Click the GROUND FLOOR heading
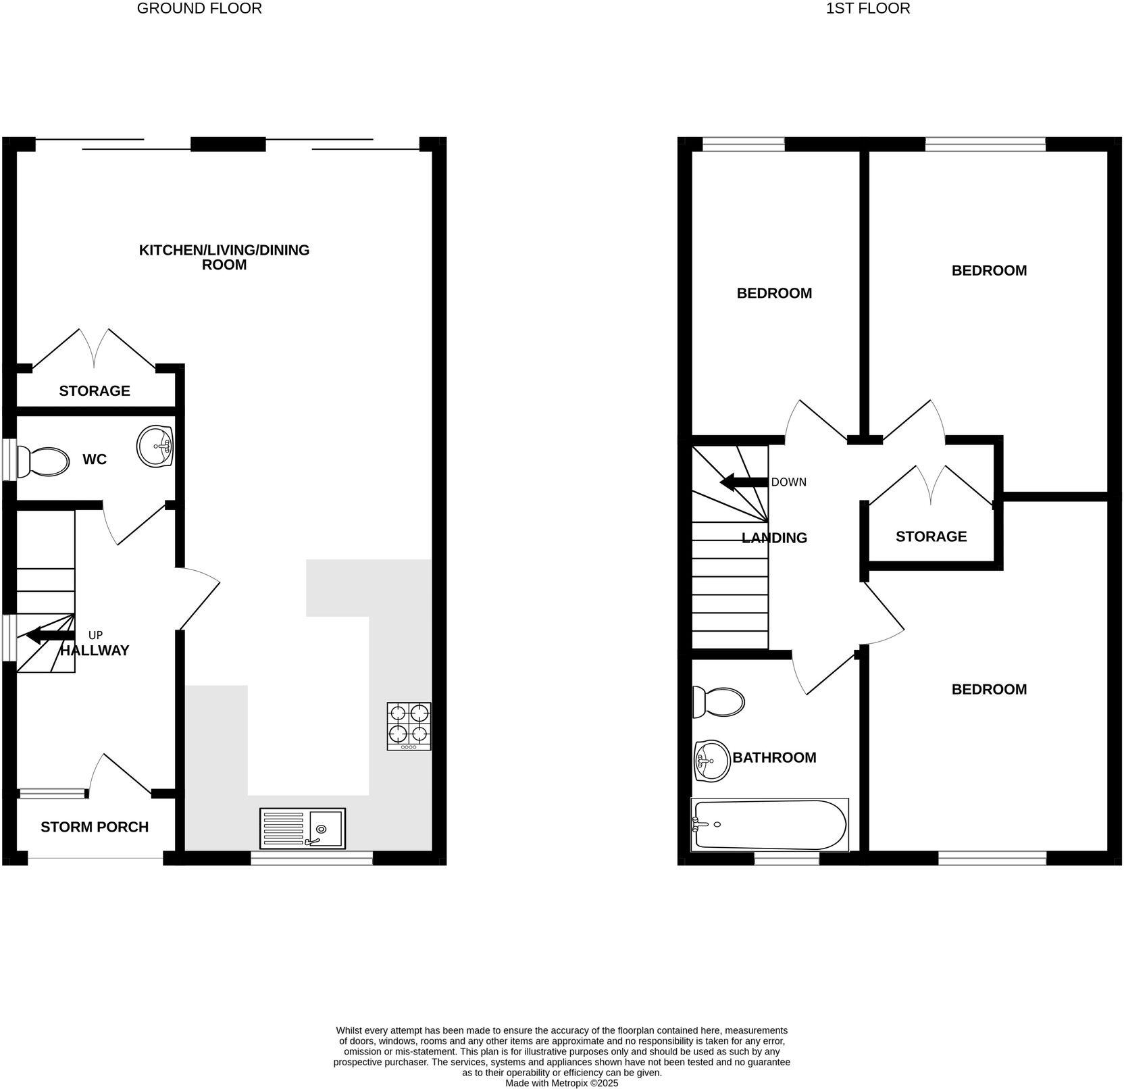(x=199, y=9)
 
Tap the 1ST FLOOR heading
(x=868, y=9)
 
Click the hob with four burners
(x=409, y=726)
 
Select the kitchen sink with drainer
(x=302, y=828)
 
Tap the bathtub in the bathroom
(x=769, y=825)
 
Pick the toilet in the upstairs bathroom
(x=719, y=703)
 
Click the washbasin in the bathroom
(x=711, y=761)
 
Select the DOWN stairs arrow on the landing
(x=744, y=482)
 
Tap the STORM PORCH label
(x=95, y=827)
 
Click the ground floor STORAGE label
(x=95, y=390)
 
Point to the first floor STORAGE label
(x=931, y=536)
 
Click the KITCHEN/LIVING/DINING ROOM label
(x=224, y=257)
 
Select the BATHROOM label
(x=774, y=757)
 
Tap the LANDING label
(x=774, y=538)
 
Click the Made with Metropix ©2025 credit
(x=562, y=1082)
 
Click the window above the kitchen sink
(x=311, y=858)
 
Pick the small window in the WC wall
(x=9, y=460)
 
